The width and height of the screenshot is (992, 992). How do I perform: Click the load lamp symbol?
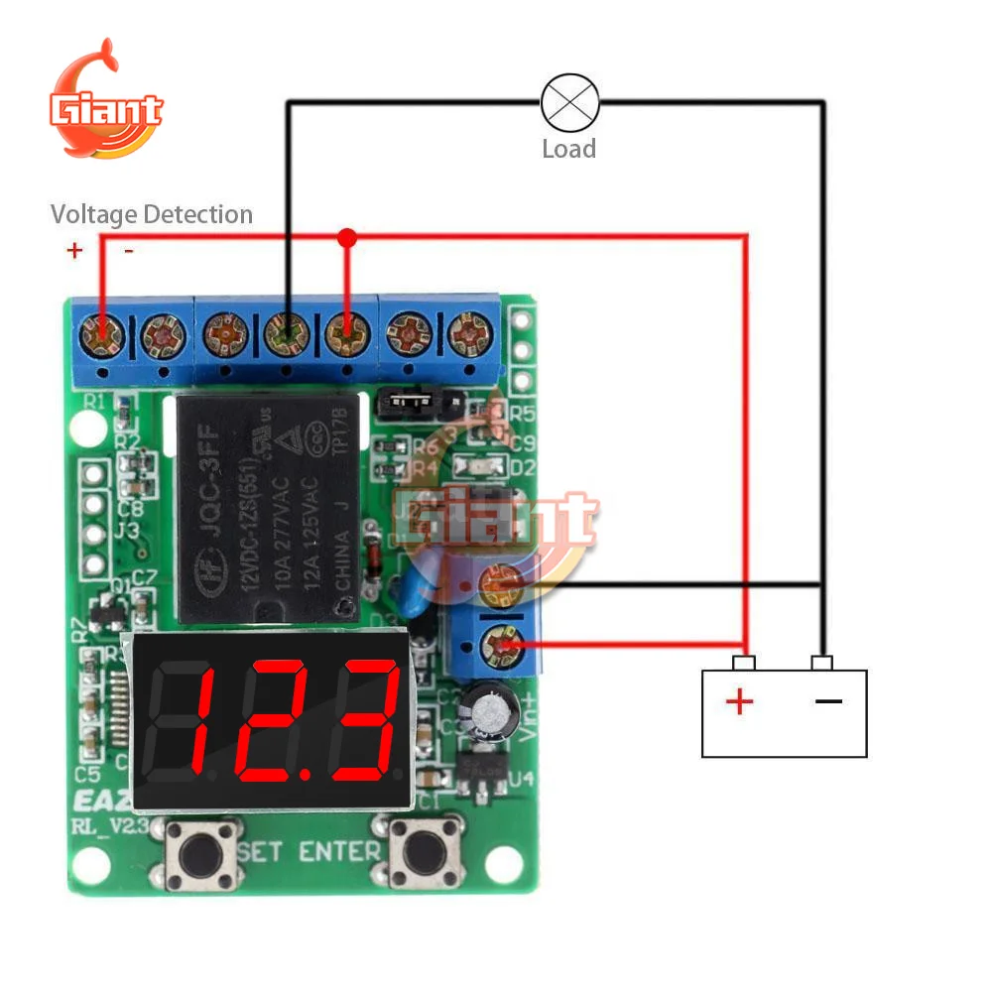pos(570,102)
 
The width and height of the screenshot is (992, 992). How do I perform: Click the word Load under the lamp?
pos(568,150)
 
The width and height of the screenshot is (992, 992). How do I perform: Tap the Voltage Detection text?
pos(152,214)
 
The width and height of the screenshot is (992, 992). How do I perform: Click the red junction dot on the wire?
pos(346,238)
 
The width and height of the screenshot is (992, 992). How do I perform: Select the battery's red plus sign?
pos(739,702)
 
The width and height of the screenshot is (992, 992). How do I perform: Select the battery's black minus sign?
pos(828,702)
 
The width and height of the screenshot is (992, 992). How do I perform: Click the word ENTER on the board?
pos(340,851)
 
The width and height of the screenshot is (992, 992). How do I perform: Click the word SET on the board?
pos(263,851)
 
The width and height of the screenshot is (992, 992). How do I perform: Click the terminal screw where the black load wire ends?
pos(287,335)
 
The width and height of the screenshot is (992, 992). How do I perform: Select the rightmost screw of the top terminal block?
pos(467,335)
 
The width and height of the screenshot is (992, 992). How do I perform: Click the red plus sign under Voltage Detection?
pos(74,251)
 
